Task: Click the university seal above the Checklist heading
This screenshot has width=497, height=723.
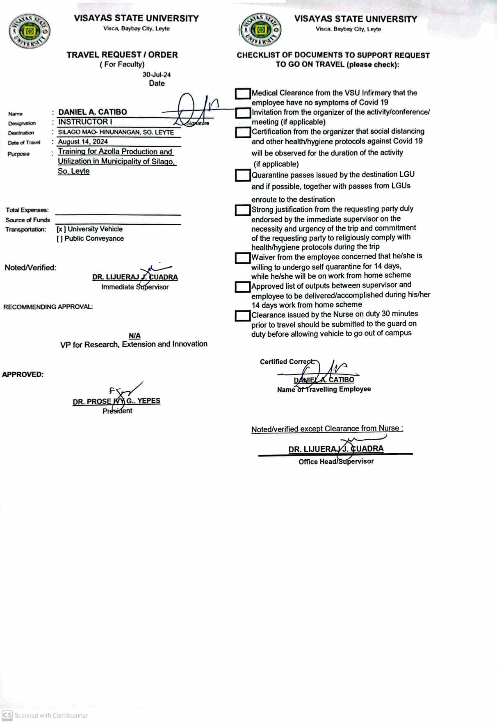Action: (260, 30)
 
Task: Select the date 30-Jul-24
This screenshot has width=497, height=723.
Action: (157, 75)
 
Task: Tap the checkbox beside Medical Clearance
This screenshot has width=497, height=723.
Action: (243, 94)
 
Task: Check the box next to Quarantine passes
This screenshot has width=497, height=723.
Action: (243, 176)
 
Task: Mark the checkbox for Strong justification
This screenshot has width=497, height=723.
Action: (243, 210)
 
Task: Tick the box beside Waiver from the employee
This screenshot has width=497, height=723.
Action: (243, 258)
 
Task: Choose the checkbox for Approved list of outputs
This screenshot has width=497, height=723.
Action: (243, 287)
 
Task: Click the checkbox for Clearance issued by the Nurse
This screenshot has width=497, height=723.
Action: (243, 316)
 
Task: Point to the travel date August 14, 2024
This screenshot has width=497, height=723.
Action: (83, 141)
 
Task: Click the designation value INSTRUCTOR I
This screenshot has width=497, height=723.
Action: (85, 122)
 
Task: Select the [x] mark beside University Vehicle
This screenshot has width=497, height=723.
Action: (61, 229)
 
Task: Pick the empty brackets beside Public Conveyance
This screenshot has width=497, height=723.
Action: (60, 239)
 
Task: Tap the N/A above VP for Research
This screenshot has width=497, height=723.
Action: (135, 335)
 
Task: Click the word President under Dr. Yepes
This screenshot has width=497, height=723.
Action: (117, 411)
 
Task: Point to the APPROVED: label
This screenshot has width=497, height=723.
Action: (23, 374)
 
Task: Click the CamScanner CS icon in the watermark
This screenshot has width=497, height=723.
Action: (7, 715)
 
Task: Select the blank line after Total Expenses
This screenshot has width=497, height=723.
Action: (118, 212)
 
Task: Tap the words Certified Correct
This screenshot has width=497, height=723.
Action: (287, 362)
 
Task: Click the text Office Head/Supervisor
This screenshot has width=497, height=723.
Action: (336, 461)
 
